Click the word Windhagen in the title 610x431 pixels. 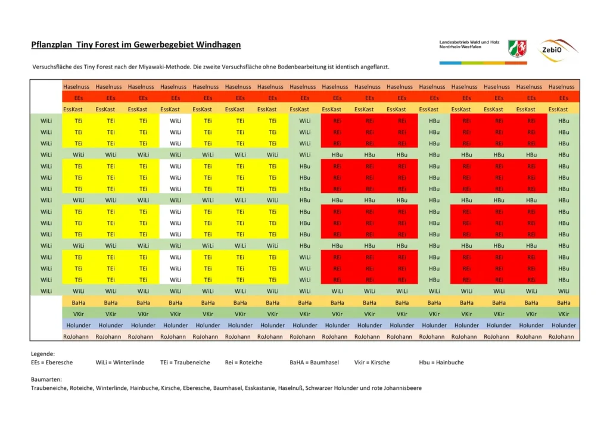pyautogui.click(x=220, y=45)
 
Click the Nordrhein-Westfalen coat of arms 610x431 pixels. pyautogui.click(x=516, y=48)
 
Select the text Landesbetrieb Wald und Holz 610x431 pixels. pyautogui.click(x=468, y=42)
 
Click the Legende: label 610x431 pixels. pyautogui.click(x=43, y=354)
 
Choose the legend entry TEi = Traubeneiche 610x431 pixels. pyautogui.click(x=185, y=362)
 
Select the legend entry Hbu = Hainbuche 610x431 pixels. pyautogui.click(x=441, y=362)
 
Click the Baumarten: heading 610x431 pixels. pyautogui.click(x=46, y=379)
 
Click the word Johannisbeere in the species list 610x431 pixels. pyautogui.click(x=400, y=388)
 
